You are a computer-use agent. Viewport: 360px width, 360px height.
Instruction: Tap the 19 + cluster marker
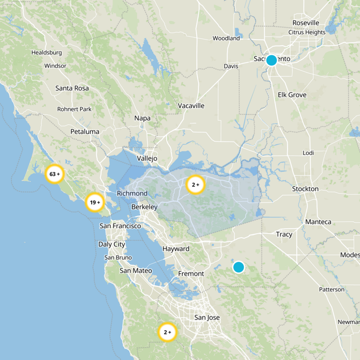95,202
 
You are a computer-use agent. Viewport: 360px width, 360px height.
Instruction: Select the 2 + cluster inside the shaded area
196,184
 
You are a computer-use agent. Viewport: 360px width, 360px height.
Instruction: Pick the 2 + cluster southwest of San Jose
167,333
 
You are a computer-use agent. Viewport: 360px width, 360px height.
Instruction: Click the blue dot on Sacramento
271,60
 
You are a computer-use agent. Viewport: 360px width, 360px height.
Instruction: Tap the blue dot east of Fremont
238,267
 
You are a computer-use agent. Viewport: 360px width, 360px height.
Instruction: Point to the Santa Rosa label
72,88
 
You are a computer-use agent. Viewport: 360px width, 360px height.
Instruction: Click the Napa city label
142,118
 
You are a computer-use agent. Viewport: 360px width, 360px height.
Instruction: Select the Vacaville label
191,106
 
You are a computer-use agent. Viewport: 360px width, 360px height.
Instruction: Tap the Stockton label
305,189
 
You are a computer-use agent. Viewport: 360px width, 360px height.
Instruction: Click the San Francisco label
120,226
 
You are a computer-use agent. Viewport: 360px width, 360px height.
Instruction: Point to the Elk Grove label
292,95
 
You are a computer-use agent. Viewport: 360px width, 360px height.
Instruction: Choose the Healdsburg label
46,53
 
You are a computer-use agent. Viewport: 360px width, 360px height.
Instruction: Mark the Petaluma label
85,132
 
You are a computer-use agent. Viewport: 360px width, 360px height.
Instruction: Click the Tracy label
284,234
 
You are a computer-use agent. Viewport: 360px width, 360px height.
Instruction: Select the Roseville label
306,23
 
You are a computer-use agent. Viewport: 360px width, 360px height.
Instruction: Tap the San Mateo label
136,271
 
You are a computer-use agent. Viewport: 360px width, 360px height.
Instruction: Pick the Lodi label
308,153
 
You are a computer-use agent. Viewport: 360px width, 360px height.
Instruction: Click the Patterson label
332,289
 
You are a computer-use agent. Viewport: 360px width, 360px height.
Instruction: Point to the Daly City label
112,244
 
